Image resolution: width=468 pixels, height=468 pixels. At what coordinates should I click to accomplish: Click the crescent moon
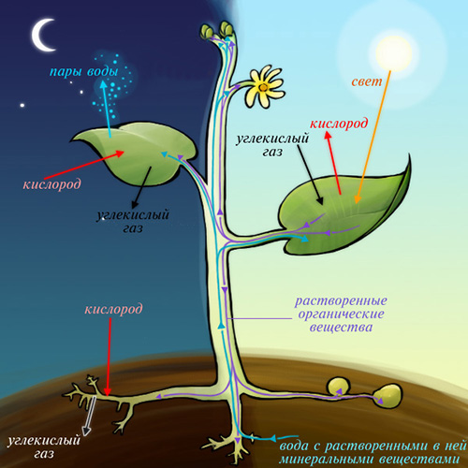(x=39, y=36)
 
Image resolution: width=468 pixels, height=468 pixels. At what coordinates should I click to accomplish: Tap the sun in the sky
(x=394, y=53)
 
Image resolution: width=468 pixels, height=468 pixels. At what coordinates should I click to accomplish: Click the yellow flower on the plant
(x=265, y=87)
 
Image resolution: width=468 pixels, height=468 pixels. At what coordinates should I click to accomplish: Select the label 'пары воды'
(x=84, y=72)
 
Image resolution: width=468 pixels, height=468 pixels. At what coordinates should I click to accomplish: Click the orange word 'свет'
(x=367, y=81)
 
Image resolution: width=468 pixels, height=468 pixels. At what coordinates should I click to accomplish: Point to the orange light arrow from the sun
(x=373, y=138)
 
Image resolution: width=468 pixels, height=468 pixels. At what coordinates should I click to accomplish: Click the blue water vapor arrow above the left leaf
(x=106, y=109)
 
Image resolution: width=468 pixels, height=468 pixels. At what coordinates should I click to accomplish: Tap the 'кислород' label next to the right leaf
(x=339, y=124)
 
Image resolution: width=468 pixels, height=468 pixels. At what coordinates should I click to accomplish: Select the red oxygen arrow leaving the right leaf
(x=333, y=163)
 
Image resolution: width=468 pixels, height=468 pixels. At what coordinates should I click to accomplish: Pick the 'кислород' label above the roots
(x=113, y=309)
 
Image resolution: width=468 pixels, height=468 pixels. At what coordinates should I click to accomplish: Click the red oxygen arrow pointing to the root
(x=109, y=357)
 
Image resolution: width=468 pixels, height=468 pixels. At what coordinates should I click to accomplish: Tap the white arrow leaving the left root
(x=90, y=416)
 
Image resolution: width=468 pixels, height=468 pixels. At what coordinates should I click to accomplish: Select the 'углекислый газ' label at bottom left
(x=44, y=446)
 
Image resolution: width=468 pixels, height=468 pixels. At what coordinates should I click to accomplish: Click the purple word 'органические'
(x=341, y=314)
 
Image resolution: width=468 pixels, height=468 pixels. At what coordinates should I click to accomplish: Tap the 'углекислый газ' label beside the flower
(x=272, y=145)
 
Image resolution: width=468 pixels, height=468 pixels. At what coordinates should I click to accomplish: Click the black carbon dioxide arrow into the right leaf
(x=310, y=174)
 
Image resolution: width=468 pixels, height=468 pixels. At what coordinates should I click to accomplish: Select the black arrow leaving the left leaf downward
(x=142, y=187)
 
